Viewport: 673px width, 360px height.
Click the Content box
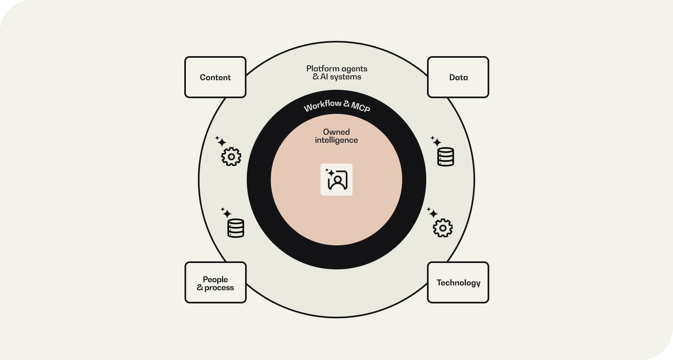[215, 77]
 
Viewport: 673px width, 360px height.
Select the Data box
[458, 77]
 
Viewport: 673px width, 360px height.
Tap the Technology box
[458, 283]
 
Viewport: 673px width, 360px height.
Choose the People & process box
[215, 283]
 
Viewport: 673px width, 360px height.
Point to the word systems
[345, 77]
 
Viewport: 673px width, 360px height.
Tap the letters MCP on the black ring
[361, 107]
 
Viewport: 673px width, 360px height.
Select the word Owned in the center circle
[336, 132]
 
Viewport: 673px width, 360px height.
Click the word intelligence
[336, 140]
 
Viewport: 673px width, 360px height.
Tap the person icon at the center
[336, 180]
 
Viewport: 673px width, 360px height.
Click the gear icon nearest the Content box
[231, 156]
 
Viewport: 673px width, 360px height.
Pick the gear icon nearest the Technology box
[443, 228]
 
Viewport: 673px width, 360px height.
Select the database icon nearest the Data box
[445, 157]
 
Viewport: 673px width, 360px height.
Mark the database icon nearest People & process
[236, 228]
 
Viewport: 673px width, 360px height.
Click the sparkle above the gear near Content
[221, 141]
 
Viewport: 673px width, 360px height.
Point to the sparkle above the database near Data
[435, 141]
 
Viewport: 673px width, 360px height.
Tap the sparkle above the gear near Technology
[432, 212]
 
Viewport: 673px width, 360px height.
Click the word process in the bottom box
[219, 288]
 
